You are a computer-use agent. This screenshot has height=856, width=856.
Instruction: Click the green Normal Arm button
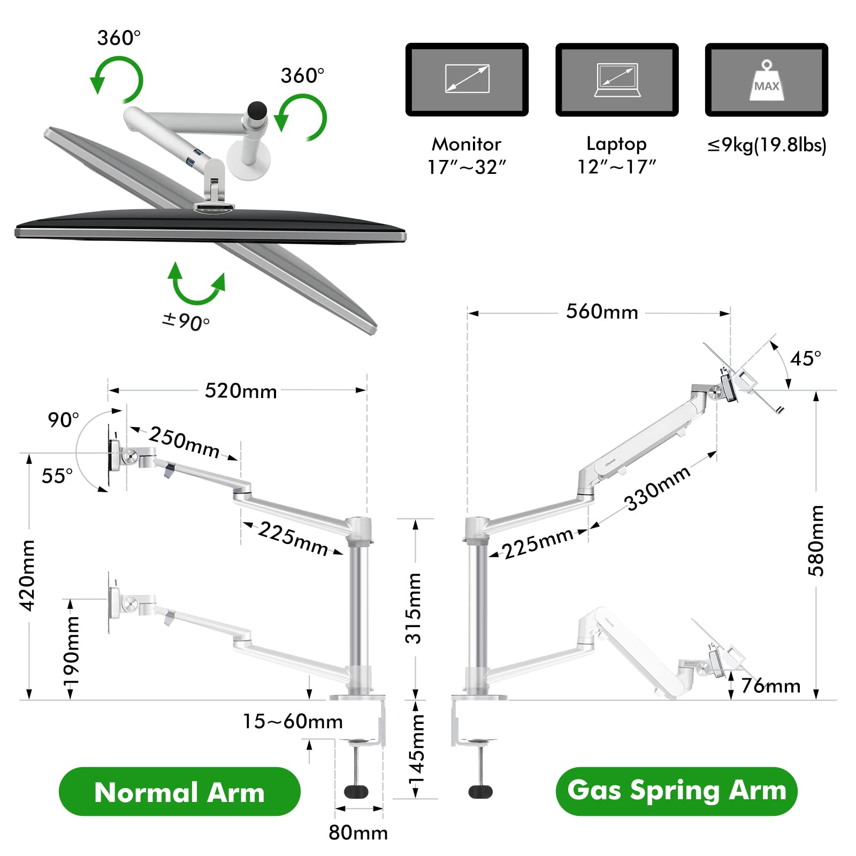179,792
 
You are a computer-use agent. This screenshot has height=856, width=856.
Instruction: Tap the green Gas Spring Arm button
676,791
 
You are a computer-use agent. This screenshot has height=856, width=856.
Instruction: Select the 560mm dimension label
602,312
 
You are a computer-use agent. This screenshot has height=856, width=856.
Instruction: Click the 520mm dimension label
241,391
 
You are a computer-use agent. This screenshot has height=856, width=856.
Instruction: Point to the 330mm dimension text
658,488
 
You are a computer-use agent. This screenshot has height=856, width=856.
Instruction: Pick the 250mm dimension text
184,442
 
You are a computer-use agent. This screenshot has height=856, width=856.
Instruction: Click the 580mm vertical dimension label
816,540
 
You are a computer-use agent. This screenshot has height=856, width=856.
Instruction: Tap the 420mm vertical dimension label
27,575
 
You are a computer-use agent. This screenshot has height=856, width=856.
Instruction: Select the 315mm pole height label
414,608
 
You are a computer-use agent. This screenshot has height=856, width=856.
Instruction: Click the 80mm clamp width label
358,832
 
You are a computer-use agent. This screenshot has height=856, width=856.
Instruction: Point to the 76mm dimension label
771,686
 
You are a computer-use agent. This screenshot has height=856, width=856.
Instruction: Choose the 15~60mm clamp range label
293,721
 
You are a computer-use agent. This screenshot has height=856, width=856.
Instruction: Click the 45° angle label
805,358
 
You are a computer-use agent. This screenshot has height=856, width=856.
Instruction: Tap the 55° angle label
57,476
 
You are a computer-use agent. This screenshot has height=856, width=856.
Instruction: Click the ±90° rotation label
186,321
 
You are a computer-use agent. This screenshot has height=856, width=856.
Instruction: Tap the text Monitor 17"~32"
467,155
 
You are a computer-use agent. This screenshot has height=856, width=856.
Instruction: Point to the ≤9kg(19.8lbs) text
767,145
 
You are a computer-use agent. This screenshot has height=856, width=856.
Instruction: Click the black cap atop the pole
257,110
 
